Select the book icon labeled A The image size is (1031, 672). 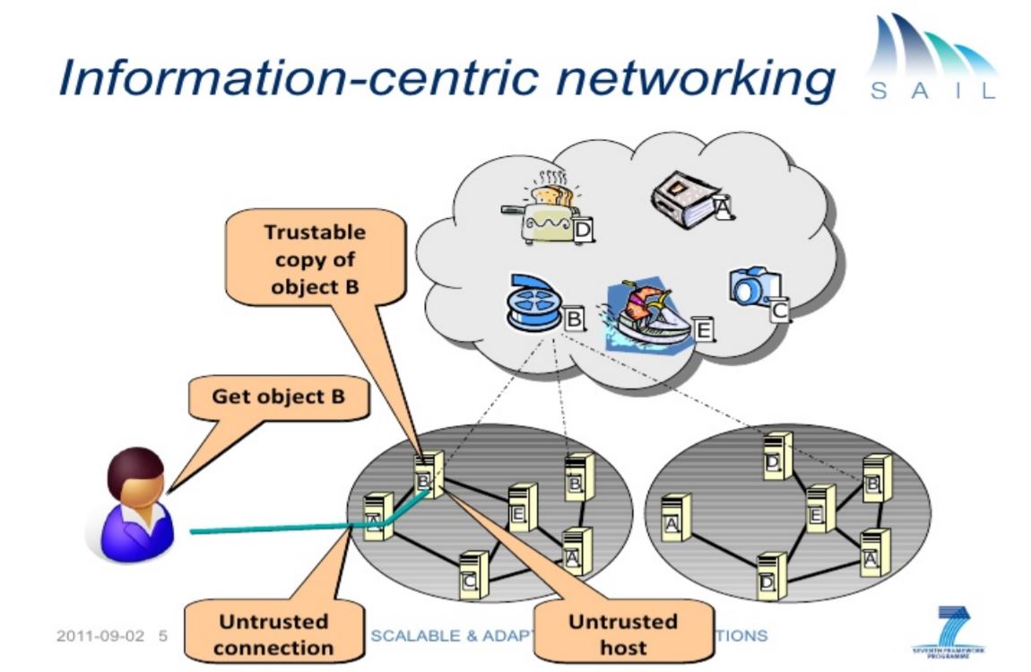coord(687,189)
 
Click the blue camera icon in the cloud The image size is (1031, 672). coord(751,286)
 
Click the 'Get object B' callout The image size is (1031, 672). coord(277,397)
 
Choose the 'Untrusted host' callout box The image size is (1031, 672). coord(622,633)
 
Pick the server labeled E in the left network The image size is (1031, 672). coord(522,507)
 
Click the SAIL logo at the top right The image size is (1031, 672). coord(931,58)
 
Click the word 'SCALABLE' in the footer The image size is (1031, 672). coord(412,635)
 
